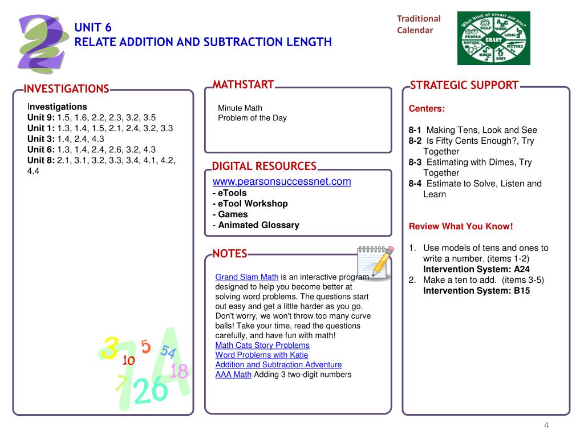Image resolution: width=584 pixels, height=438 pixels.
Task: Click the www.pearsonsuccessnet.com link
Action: [282, 182]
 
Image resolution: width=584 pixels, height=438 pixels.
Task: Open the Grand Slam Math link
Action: [246, 277]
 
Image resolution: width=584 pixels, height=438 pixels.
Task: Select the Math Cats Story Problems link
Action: [262, 345]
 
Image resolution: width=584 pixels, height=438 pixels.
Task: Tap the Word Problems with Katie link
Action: [262, 355]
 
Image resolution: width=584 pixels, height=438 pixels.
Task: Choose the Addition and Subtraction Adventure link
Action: [278, 364]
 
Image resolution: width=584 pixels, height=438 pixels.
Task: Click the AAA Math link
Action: [233, 374]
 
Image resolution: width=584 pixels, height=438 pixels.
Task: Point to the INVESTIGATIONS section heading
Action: [66, 89]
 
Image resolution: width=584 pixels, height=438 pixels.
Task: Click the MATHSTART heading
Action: [244, 85]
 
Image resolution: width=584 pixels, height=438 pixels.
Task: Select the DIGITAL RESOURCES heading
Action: [264, 167]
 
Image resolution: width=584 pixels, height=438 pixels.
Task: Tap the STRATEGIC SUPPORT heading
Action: [464, 86]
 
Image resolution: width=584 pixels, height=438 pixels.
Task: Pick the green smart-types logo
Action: [493, 38]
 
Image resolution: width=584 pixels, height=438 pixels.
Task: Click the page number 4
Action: [546, 425]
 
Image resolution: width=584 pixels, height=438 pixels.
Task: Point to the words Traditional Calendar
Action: [419, 25]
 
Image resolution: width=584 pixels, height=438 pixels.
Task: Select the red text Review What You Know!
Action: [461, 226]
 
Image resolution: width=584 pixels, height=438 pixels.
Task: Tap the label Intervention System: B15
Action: [476, 290]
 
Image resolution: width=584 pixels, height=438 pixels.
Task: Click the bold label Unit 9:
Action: [41, 117]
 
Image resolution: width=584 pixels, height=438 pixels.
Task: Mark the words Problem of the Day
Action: [252, 118]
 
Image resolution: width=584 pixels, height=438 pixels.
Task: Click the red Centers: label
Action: [427, 108]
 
